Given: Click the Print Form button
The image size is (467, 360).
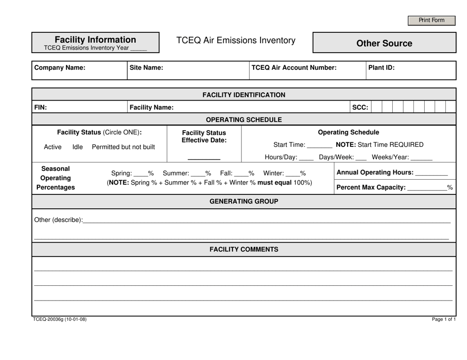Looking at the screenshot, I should click(431, 20).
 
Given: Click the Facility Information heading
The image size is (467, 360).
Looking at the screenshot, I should click(95, 40).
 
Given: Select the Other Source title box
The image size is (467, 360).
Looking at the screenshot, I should click(384, 43).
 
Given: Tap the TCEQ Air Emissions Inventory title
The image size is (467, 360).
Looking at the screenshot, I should click(236, 41).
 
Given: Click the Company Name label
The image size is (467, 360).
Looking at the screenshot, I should click(59, 68).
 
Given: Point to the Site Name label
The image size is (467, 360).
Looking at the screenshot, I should click(146, 68).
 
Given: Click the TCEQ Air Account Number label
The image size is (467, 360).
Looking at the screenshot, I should click(294, 68).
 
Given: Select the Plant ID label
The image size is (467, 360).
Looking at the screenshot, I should click(381, 68).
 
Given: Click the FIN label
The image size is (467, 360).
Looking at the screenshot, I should click(41, 107).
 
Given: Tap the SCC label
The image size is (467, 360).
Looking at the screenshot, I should click(360, 107).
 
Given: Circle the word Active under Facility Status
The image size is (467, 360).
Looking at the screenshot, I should click(53, 147).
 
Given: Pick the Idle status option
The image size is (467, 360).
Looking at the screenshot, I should click(78, 147).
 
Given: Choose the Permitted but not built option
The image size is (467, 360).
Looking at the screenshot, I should click(123, 147).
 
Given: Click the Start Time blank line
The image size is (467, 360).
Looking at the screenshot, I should click(319, 145).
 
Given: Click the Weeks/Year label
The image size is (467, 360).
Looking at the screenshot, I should click(390, 157).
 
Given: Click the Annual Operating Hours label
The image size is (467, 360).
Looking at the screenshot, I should click(374, 172).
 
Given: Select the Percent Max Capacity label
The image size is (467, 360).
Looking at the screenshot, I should click(371, 187).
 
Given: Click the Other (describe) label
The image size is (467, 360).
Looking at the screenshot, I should click(58, 220).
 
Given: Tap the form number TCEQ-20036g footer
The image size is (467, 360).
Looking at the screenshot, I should click(60, 319).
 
